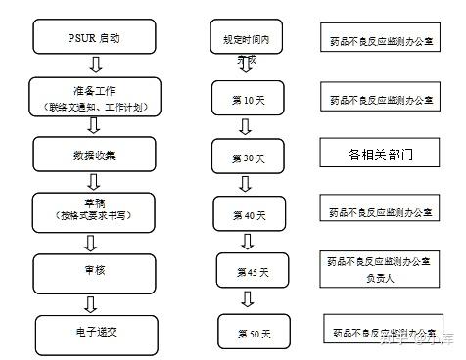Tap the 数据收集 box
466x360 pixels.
coord(95,154)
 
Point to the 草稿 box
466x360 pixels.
coord(95,209)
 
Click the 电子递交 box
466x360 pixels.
coord(95,330)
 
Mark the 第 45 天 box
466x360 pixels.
coord(252,270)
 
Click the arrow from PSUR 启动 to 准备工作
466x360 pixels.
coord(95,65)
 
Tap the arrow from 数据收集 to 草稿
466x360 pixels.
coord(95,181)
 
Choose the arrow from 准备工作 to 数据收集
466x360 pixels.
coord(95,124)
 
